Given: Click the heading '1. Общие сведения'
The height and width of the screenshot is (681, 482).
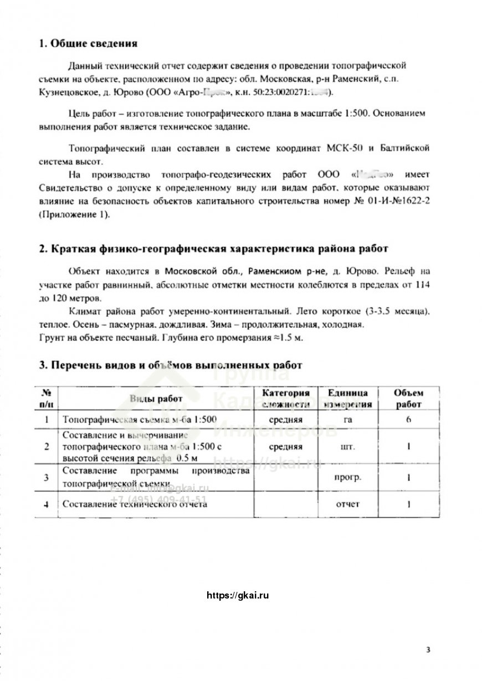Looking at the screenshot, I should click(x=88, y=44).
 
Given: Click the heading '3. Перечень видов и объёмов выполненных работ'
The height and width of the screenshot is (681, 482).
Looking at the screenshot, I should click(x=171, y=365).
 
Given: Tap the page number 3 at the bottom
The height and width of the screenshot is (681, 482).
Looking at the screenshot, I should click(x=428, y=649).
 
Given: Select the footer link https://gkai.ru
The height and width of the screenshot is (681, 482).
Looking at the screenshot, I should click(x=237, y=596).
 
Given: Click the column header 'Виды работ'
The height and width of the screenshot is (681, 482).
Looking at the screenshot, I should click(x=156, y=399).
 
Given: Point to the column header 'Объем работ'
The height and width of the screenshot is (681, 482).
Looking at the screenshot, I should click(x=408, y=399).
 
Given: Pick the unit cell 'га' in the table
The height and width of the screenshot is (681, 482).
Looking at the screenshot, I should click(x=347, y=420).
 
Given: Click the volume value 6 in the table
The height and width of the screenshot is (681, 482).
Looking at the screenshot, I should click(x=408, y=420).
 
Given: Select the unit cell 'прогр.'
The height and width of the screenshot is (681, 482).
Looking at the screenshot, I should click(x=347, y=477).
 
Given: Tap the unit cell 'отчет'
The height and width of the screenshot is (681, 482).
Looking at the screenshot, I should click(x=347, y=504).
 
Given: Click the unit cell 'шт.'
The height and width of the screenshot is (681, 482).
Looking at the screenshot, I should click(x=347, y=446).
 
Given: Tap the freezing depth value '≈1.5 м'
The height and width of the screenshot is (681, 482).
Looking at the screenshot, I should click(x=288, y=338).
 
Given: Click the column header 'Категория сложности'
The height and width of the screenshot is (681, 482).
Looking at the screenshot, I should click(x=286, y=399).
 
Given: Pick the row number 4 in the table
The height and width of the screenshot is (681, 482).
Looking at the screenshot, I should click(x=46, y=504).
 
